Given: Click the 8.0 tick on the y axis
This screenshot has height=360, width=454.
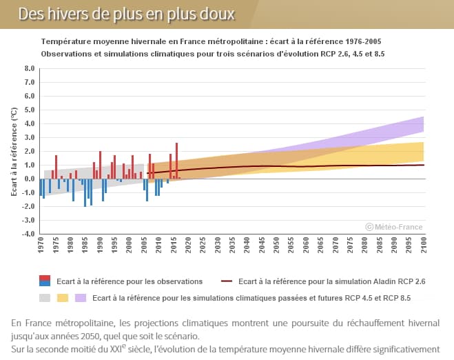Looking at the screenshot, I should pyautogui.click(x=29, y=69).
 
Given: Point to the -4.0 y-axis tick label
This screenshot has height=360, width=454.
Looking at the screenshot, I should pyautogui.click(x=28, y=234).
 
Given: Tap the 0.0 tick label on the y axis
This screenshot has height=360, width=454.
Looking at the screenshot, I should pyautogui.click(x=29, y=179).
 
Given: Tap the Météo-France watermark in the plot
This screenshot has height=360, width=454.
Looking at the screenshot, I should pyautogui.click(x=394, y=226).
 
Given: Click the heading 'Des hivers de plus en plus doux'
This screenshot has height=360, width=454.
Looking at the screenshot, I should pyautogui.click(x=126, y=14).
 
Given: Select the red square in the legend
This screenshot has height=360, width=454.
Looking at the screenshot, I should pyautogui.click(x=45, y=278).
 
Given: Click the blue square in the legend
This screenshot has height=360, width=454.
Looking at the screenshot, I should pyautogui.click(x=45, y=283).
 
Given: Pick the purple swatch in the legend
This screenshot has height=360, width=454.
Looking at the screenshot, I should pyautogui.click(x=80, y=298).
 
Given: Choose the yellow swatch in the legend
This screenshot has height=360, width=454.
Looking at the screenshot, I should pyautogui.click(x=62, y=298).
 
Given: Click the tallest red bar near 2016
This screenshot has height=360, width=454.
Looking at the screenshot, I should pyautogui.click(x=177, y=161).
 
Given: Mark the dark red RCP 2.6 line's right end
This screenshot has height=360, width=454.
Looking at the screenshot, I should pyautogui.click(x=423, y=165).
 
